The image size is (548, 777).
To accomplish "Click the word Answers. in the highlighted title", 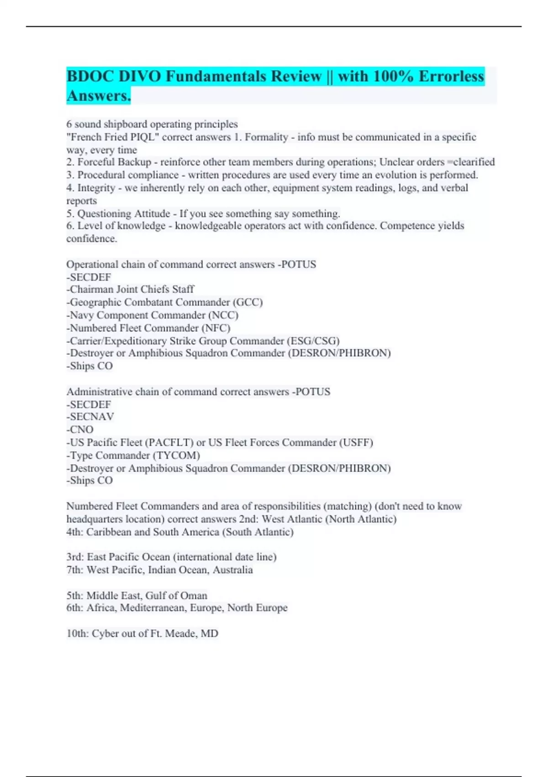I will (x=99, y=96).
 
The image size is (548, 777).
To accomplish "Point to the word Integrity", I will (x=96, y=188).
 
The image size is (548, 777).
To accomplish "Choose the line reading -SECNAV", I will (x=90, y=417).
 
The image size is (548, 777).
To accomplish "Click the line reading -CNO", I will (x=80, y=430).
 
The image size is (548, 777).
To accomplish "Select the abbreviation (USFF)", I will (x=356, y=442).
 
